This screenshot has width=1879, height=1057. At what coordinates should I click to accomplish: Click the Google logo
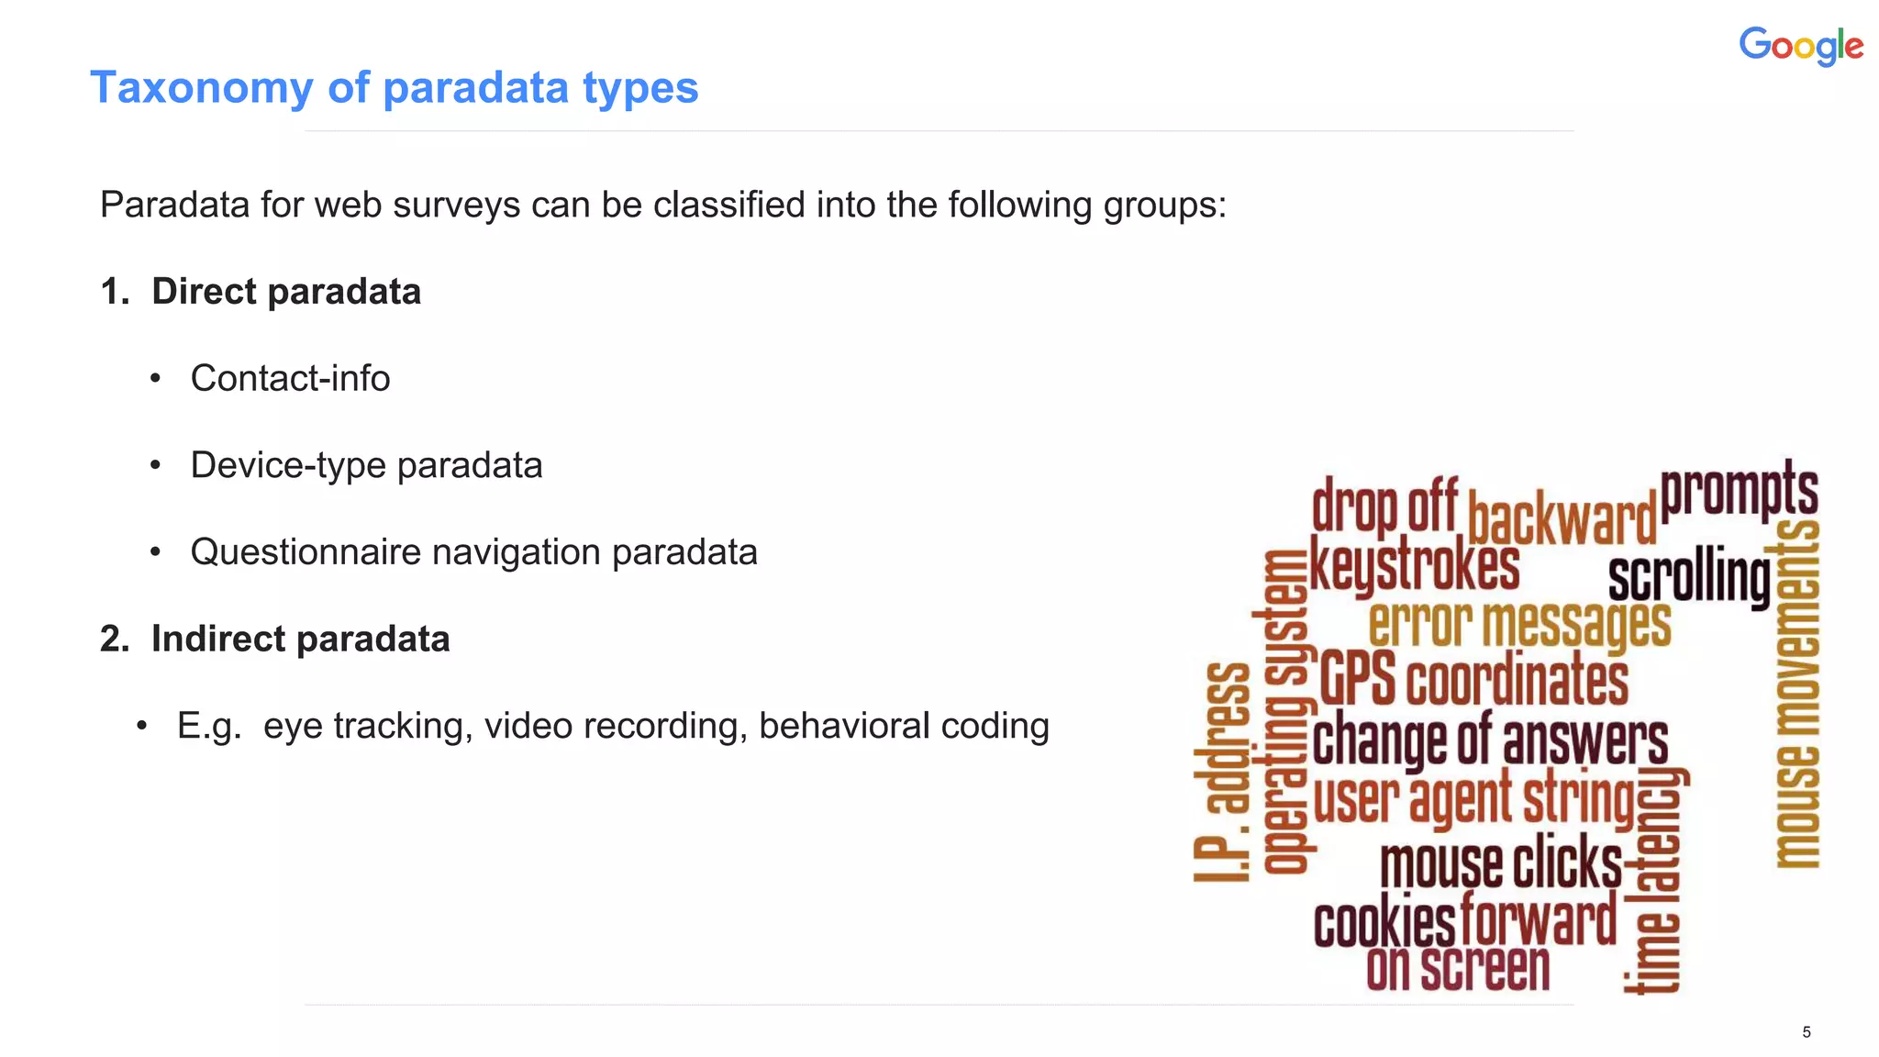click(1800, 46)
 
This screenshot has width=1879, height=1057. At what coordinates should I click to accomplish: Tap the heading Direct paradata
click(285, 292)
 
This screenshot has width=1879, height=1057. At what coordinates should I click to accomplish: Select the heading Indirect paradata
click(300, 640)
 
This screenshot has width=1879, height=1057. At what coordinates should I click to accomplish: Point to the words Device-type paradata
click(366, 465)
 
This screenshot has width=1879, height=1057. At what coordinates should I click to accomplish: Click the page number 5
click(1806, 1032)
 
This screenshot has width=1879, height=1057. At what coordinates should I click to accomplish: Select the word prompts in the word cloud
click(1739, 491)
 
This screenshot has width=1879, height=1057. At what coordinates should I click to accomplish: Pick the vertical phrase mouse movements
click(1797, 693)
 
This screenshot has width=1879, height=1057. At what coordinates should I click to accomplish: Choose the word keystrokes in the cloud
click(1414, 566)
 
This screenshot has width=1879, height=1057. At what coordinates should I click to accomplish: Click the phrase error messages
click(1518, 624)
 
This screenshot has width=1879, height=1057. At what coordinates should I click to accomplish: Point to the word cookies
click(1384, 923)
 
